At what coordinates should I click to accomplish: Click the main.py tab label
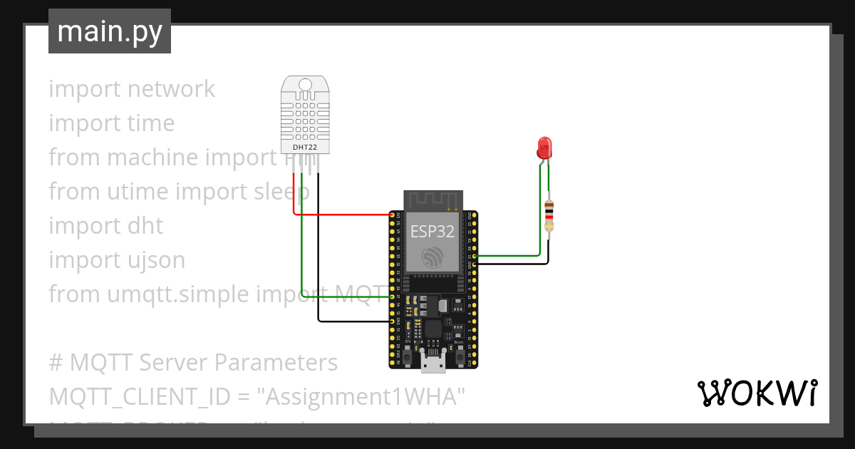pyautogui.click(x=109, y=31)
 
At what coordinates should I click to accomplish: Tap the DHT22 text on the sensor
pyautogui.click(x=305, y=148)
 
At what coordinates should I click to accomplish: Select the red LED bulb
pyautogui.click(x=544, y=148)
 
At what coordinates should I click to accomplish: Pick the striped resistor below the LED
pyautogui.click(x=549, y=215)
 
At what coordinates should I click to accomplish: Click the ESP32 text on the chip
pyautogui.click(x=432, y=230)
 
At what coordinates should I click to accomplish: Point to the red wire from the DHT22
pyautogui.click(x=342, y=214)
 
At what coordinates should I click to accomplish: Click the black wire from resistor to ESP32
pyautogui.click(x=513, y=264)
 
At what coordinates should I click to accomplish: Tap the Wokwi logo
pyautogui.click(x=756, y=393)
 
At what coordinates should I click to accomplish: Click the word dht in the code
pyautogui.click(x=145, y=226)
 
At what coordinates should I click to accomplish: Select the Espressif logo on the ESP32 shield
pyautogui.click(x=432, y=258)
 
